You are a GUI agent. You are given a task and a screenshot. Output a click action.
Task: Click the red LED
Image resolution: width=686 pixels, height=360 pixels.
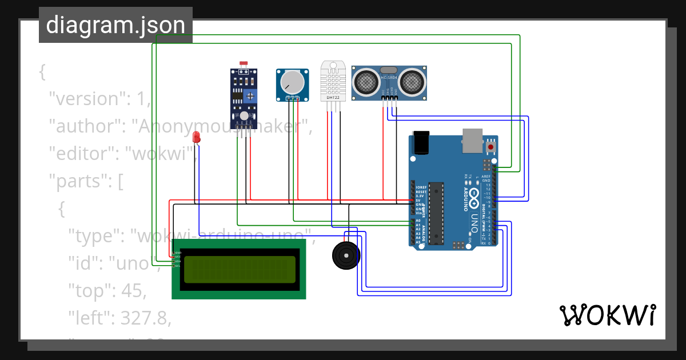[196, 137]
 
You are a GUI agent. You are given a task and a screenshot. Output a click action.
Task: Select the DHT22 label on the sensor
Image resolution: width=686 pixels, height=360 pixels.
[333, 98]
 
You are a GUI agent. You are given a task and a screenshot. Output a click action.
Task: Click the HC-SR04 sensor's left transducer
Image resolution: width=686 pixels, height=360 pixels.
[365, 83]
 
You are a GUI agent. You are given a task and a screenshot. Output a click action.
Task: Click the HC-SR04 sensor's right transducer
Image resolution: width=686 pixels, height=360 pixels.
[412, 83]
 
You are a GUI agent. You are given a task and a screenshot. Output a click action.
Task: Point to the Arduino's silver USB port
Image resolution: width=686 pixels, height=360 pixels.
[472, 141]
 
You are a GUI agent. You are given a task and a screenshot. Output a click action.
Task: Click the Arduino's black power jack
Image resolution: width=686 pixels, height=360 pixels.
[421, 143]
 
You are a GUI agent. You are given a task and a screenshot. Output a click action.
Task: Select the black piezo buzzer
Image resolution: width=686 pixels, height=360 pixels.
[346, 255]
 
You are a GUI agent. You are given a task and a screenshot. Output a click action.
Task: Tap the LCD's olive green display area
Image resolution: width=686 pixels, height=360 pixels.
[239, 269]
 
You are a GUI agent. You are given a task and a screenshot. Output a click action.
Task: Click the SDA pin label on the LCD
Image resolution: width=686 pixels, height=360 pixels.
[178, 261]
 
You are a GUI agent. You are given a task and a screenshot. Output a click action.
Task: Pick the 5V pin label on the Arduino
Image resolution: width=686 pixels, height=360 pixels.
[419, 200]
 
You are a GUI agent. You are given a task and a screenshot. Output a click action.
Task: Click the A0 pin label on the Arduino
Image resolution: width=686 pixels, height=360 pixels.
[418, 221]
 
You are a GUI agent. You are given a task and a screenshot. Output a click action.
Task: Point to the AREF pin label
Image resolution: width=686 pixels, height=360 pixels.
[486, 177]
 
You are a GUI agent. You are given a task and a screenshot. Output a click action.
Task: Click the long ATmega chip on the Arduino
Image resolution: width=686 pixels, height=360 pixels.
[436, 212]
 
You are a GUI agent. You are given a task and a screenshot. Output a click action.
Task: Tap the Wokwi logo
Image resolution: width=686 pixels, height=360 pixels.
[607, 315]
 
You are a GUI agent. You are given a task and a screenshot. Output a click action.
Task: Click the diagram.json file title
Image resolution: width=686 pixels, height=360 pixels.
[115, 25]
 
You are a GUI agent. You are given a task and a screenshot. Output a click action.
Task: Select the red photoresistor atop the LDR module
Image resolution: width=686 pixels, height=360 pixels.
[244, 64]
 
